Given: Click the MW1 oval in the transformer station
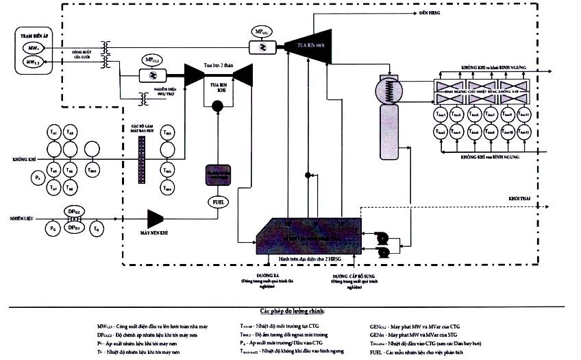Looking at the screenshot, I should [x=33, y=47].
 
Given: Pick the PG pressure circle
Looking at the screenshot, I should [x=52, y=226].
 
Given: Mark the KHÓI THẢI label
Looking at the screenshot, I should [x=522, y=197].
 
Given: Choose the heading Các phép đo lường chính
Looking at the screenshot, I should [x=290, y=311].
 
